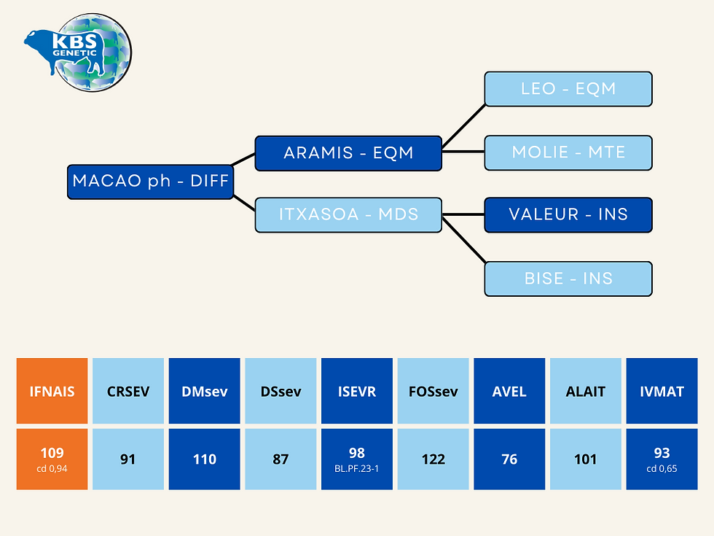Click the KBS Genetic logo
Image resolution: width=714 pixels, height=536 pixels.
[x=79, y=53]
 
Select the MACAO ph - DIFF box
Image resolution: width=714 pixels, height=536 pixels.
[x=151, y=182]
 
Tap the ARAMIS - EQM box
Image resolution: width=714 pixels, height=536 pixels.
[x=348, y=153]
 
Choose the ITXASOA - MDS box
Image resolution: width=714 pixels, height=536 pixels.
[x=348, y=214]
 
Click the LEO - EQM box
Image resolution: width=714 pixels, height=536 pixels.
[x=568, y=89]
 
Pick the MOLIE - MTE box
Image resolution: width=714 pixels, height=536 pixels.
[x=568, y=152]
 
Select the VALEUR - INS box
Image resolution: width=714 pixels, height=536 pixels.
[x=568, y=214]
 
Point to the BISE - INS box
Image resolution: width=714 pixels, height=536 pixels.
[x=568, y=279]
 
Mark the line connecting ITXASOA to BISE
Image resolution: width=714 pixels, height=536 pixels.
[x=463, y=240]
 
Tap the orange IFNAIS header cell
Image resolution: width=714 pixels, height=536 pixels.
[x=52, y=391]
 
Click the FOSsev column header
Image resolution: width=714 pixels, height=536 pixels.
[x=433, y=391]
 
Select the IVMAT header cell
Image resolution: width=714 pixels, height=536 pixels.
[x=662, y=391]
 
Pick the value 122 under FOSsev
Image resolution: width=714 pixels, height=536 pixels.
[x=433, y=459]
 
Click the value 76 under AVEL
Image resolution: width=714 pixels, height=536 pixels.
[x=509, y=459]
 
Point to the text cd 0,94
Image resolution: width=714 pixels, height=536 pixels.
[x=52, y=468]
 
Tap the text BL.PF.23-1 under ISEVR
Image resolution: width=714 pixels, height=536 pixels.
[x=356, y=468]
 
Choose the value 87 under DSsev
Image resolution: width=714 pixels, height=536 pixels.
[x=280, y=459]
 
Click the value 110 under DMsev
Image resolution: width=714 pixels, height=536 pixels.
[x=205, y=459]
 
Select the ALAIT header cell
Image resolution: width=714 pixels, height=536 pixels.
[x=586, y=391]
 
